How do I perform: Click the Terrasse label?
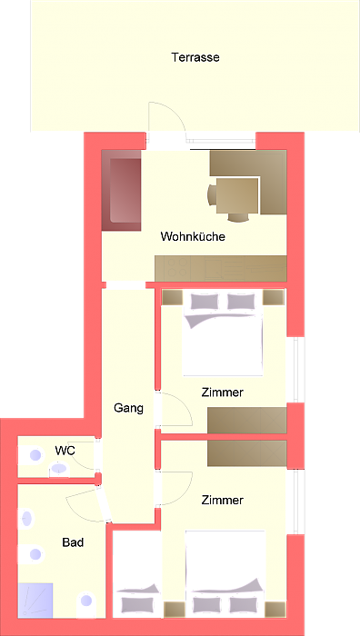(x=195, y=57)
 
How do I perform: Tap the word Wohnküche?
(x=193, y=236)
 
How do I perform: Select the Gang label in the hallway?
(x=129, y=408)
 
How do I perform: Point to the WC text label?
(x=65, y=450)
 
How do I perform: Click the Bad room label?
(x=73, y=542)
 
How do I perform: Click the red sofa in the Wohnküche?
(x=122, y=193)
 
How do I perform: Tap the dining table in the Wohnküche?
(x=237, y=194)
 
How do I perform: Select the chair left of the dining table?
(x=212, y=195)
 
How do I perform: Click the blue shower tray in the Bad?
(x=37, y=599)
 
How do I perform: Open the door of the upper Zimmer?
(x=176, y=411)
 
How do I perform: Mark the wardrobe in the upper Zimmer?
(x=246, y=420)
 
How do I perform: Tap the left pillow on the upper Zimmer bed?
(x=203, y=302)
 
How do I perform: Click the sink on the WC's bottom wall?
(x=59, y=469)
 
